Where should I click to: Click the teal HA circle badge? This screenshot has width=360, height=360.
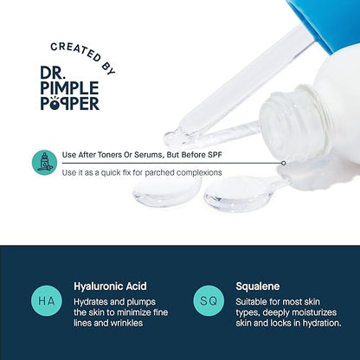[x=47, y=301]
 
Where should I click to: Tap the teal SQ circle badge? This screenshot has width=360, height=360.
[x=209, y=301]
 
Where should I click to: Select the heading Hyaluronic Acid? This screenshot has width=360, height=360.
[x=110, y=286]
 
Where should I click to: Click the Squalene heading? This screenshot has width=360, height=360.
[x=258, y=286]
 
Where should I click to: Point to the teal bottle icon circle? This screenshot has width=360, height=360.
[x=44, y=163]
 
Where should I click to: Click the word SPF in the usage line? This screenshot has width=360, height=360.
[x=215, y=155]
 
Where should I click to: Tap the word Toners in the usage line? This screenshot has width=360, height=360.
[x=109, y=155]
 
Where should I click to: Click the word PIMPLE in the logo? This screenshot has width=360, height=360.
[x=69, y=88]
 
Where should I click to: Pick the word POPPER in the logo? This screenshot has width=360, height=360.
[x=70, y=103]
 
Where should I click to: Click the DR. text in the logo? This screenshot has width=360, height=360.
[x=51, y=73]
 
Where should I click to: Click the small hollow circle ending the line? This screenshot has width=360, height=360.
[x=284, y=164]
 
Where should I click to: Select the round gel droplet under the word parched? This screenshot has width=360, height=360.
[x=167, y=191]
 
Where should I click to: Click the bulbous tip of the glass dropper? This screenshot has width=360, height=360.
[x=172, y=138]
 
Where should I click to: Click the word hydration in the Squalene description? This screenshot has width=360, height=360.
[x=322, y=323]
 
